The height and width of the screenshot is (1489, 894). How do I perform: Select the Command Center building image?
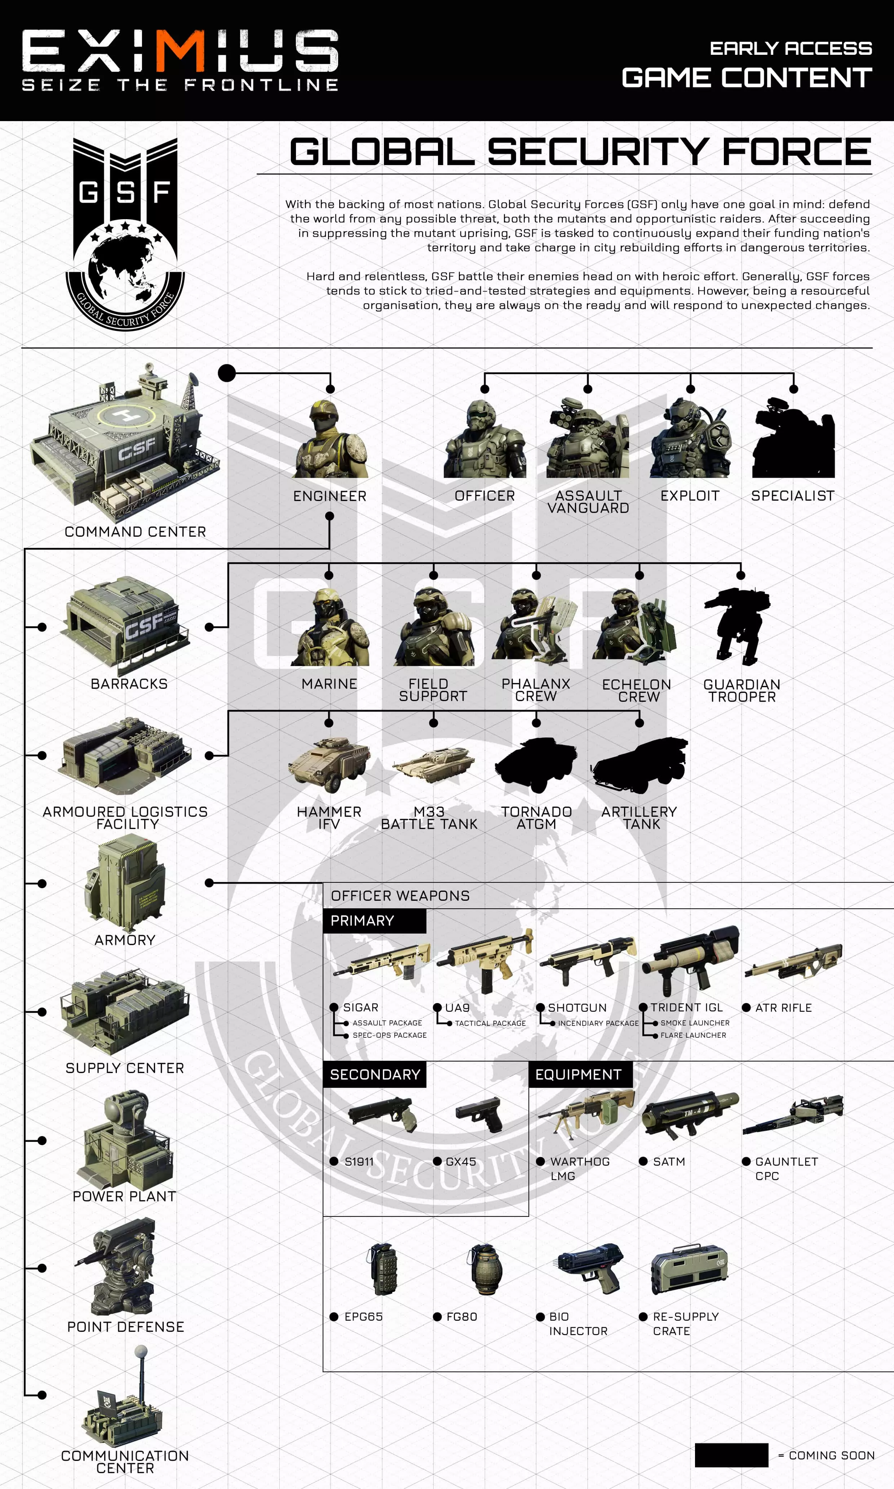tap(127, 443)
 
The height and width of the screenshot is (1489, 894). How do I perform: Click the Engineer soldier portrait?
tap(330, 440)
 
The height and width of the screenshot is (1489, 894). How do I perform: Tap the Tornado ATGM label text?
tap(536, 817)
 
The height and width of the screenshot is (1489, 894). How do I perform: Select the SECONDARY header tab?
tap(375, 1074)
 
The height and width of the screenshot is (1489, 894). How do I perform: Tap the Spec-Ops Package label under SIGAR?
tap(389, 1035)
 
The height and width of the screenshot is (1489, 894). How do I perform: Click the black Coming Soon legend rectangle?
tap(731, 1455)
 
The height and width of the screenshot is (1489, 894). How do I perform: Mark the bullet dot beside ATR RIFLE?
tap(746, 1007)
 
